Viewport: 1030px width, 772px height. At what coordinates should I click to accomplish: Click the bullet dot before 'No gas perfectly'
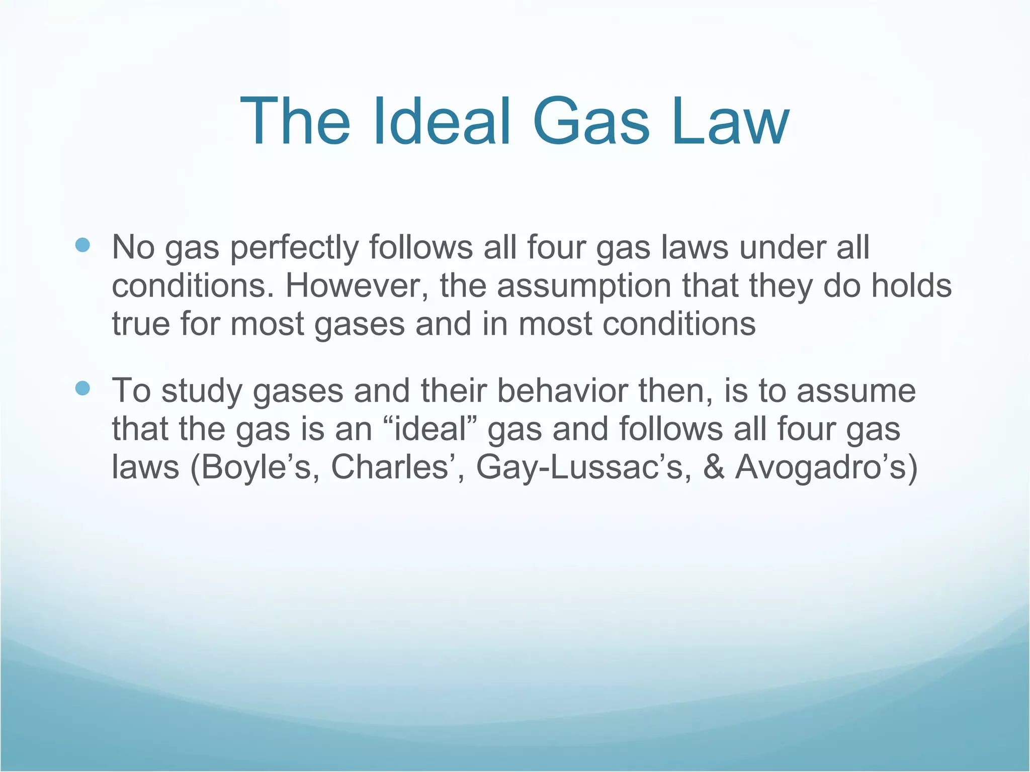coord(82,245)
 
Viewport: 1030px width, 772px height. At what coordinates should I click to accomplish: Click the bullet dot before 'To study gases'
coord(82,388)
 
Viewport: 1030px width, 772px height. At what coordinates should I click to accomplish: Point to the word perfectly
coord(294,248)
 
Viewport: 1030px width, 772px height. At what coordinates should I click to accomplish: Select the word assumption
coord(583,286)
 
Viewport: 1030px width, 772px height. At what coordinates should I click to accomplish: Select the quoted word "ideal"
coord(430,429)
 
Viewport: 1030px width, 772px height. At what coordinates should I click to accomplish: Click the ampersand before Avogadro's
coord(714,467)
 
